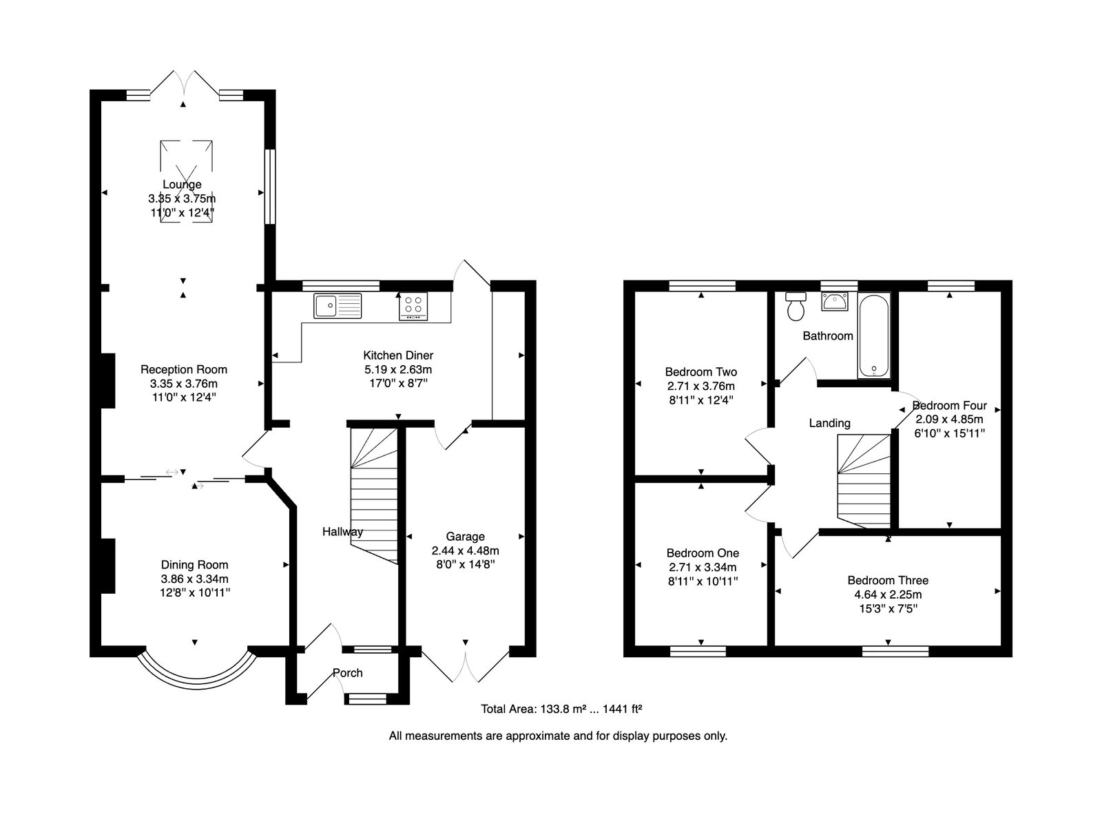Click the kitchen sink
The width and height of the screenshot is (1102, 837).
[337, 306]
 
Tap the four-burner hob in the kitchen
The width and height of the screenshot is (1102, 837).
[414, 306]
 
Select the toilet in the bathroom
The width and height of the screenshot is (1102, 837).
[796, 307]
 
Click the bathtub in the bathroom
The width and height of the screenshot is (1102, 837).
[873, 336]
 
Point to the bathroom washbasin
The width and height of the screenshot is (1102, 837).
[835, 302]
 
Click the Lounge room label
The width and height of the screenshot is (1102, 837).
[182, 184]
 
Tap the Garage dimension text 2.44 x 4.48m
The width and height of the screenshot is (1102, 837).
[466, 550]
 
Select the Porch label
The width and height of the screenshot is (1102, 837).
[347, 673]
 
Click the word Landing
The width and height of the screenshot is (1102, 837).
[829, 423]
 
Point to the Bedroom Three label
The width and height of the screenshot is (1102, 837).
[888, 581]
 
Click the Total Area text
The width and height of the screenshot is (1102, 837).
[561, 709]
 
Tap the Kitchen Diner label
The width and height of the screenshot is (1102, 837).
[398, 355]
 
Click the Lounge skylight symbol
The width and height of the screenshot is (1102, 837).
[186, 181]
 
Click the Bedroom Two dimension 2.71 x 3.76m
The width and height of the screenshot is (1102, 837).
[701, 386]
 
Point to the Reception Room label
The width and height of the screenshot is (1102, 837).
[184, 369]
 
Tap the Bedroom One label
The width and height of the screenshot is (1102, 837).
[703, 553]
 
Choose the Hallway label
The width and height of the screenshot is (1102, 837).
[342, 531]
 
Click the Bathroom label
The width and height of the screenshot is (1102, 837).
[828, 336]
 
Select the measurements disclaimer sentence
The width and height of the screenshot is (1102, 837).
[558, 736]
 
